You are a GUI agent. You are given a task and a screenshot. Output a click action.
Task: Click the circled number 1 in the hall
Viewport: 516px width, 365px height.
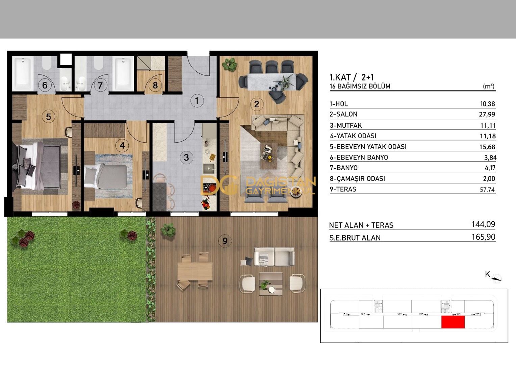pos(197,100)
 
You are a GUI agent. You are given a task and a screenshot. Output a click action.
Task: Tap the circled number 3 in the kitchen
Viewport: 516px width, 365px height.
pos(186,157)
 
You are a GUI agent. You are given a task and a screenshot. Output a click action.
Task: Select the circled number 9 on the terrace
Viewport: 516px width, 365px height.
pos(225,241)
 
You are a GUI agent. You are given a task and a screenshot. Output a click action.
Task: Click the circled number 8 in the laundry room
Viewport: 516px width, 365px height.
pos(155,85)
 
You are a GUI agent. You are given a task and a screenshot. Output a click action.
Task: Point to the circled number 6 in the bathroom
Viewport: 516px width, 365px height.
pos(45,85)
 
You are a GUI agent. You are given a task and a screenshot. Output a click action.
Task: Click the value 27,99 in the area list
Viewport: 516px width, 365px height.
pos(487,114)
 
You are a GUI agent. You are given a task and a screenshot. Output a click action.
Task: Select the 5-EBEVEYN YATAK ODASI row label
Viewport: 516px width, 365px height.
pos(368,147)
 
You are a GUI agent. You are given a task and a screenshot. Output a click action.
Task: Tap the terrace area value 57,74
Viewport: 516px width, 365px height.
pos(487,190)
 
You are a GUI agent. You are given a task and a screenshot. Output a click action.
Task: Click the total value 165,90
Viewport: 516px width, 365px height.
pos(483,237)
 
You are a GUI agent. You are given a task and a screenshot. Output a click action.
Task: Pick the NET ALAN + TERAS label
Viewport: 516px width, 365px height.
pos(361,225)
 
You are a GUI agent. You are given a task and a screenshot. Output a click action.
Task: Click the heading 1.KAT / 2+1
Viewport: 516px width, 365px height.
pos(352,77)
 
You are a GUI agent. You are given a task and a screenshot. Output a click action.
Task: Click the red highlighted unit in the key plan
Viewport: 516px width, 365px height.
pos(453,322)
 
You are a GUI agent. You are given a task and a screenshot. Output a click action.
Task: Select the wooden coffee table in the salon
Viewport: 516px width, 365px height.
pos(268,156)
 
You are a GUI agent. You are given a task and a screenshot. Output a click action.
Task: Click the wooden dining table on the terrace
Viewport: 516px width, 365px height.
pos(195,271)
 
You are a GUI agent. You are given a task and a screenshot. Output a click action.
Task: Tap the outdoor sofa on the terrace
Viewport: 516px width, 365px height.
pos(274,257)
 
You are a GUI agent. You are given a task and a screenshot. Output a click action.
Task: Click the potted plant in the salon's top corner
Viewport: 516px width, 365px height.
pos(230,64)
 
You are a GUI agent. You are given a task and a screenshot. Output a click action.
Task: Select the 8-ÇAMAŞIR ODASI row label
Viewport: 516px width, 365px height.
pos(357,178)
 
